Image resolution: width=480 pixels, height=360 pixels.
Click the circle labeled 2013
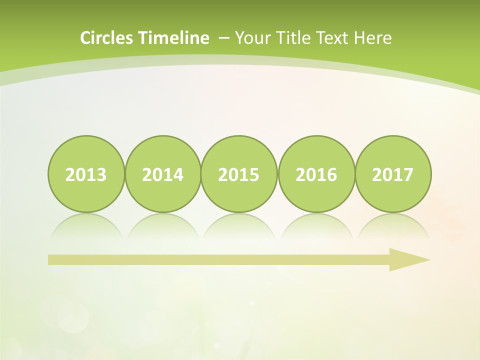pyautogui.click(x=86, y=174)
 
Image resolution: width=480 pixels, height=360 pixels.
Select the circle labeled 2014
pyautogui.click(x=162, y=174)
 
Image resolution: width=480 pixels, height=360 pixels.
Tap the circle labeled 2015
pyautogui.click(x=239, y=174)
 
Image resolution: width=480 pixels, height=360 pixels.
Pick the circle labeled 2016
pyautogui.click(x=316, y=174)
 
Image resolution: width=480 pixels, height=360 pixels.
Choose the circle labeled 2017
pyautogui.click(x=393, y=174)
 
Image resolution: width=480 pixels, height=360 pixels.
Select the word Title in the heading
pyautogui.click(x=292, y=38)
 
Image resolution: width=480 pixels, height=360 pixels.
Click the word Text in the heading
pyautogui.click(x=333, y=38)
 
